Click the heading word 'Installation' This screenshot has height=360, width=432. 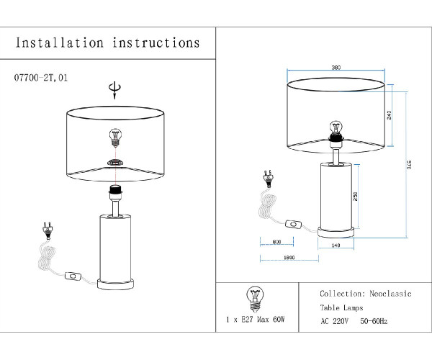tap(60, 43)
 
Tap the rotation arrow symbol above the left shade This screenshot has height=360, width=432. tap(112, 89)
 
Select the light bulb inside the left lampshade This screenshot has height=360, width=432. tap(114, 136)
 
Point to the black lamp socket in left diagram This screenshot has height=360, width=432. tap(114, 192)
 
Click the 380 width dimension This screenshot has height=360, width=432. tap(336, 68)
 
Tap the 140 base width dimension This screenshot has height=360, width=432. tap(336, 246)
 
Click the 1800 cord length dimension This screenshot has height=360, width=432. tap(289, 258)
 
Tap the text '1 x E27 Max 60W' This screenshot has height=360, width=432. tap(256, 318)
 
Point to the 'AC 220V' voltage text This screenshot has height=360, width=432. tap(334, 321)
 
